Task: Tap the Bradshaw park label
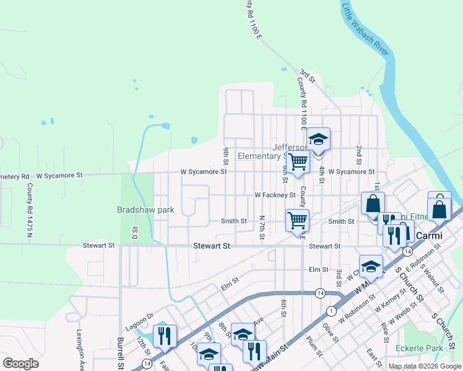tap(145, 210)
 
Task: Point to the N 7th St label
tap(262, 229)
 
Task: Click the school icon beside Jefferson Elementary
tap(318, 140)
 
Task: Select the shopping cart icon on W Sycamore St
tap(298, 162)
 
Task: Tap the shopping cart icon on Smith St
tap(297, 220)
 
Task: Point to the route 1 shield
tap(332, 310)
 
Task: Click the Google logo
tap(20, 364)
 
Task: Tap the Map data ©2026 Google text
tap(425, 366)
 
